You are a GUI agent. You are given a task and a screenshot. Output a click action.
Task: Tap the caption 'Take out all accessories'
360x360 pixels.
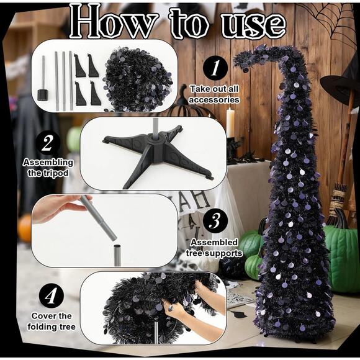[214, 94]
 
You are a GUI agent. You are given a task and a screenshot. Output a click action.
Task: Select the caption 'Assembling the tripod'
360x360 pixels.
[48, 167]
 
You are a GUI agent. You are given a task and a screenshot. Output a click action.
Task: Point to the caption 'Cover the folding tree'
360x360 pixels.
[52, 322]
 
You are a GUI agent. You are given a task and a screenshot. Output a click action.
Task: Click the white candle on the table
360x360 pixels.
[230, 122]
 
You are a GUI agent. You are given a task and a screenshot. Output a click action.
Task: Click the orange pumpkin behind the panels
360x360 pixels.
[24, 229]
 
